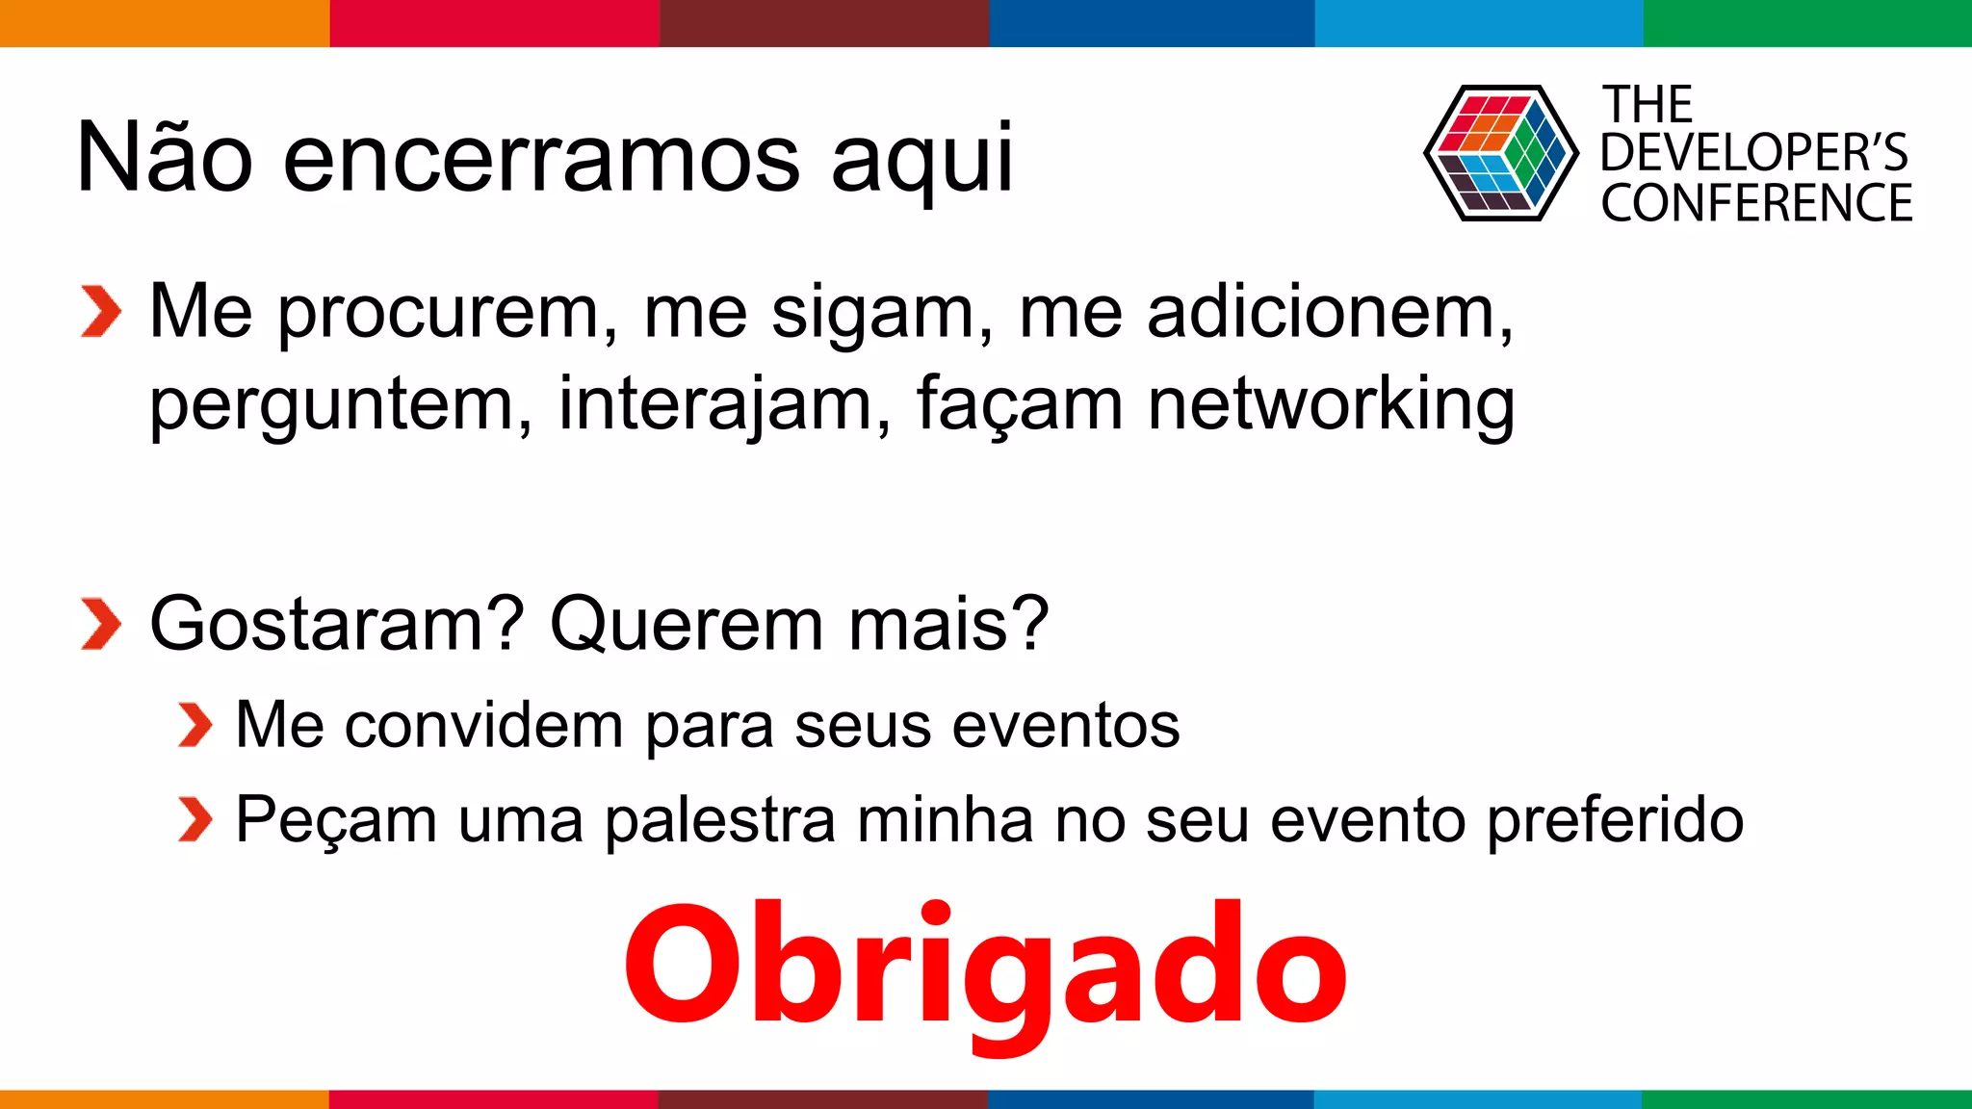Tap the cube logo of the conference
[x=1500, y=153]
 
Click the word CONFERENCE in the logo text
[x=1756, y=203]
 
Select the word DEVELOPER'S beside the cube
[x=1753, y=152]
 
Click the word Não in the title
[x=164, y=157]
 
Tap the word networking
[x=1331, y=405]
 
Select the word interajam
[x=714, y=404]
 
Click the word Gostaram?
[x=337, y=624]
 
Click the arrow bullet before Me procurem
[x=101, y=312]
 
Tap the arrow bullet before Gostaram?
[x=101, y=624]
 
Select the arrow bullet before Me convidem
[x=195, y=725]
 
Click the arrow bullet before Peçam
[x=195, y=819]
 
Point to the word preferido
[x=1615, y=821]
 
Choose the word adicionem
[x=1329, y=313]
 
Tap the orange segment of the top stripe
[x=164, y=22]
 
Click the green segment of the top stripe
[x=1807, y=22]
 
